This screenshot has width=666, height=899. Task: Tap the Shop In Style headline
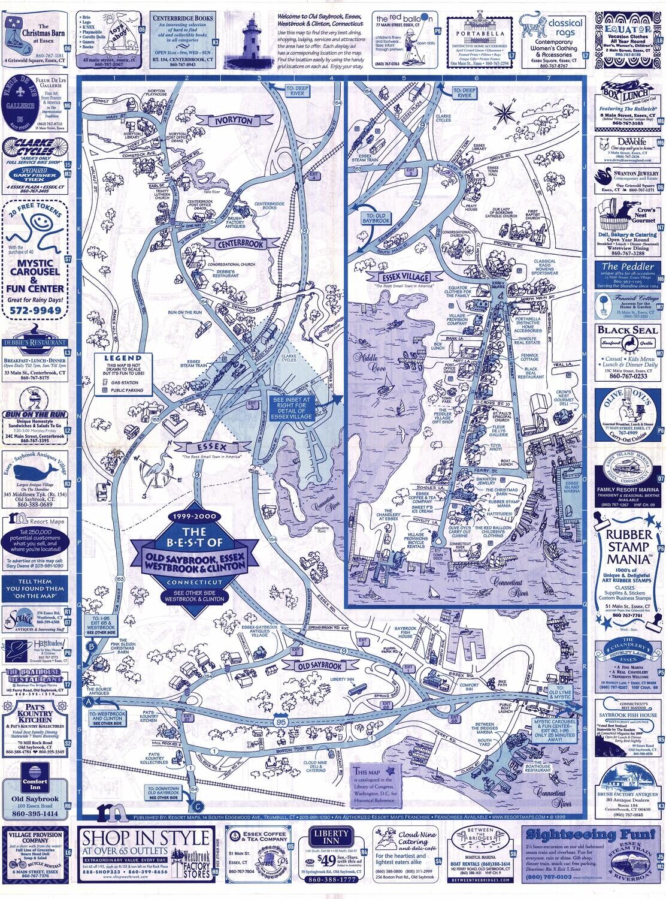147,837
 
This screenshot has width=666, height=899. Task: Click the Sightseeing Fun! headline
592,834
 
